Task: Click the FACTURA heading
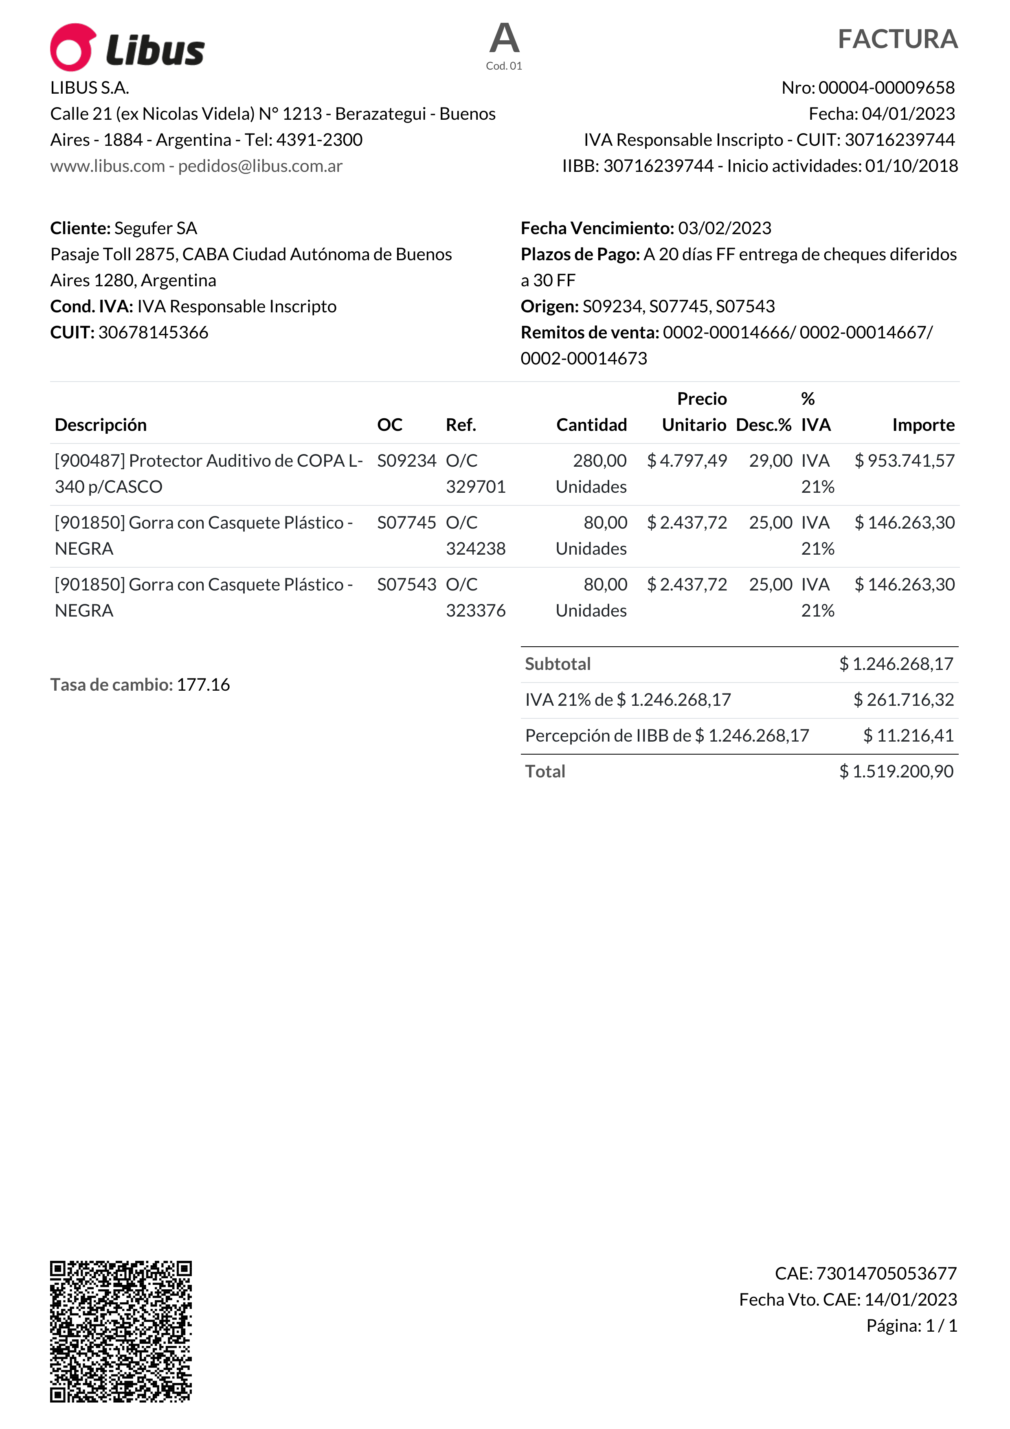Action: tap(897, 39)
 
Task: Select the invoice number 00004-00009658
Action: tap(886, 88)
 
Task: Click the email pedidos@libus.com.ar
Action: tap(260, 166)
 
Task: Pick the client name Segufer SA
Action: tap(156, 228)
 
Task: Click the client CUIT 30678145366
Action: tap(153, 332)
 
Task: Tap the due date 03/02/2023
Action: tap(725, 228)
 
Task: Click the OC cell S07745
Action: tap(406, 523)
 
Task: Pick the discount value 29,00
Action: tap(771, 461)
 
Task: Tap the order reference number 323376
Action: tap(475, 610)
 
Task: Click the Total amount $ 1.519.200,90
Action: tap(896, 772)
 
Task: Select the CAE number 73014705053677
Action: tap(886, 1273)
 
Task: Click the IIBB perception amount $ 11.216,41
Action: tap(908, 735)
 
